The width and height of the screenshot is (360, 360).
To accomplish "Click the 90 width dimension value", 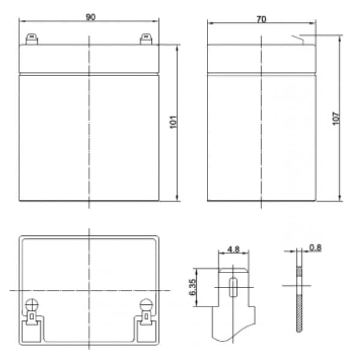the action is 91,17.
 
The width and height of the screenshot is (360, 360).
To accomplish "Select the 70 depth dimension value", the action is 261,19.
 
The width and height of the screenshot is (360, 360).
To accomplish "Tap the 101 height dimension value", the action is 173,122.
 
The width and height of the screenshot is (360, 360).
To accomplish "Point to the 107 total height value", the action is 336,118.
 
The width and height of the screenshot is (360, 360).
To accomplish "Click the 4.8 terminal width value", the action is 233,249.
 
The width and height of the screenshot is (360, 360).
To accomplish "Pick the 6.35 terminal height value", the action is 192,287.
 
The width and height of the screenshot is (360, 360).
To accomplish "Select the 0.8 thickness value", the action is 315,247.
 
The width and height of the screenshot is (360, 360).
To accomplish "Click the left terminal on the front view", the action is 32,39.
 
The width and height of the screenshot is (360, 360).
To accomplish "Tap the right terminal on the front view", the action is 146,39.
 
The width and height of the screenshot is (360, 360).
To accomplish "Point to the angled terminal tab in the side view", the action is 298,39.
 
